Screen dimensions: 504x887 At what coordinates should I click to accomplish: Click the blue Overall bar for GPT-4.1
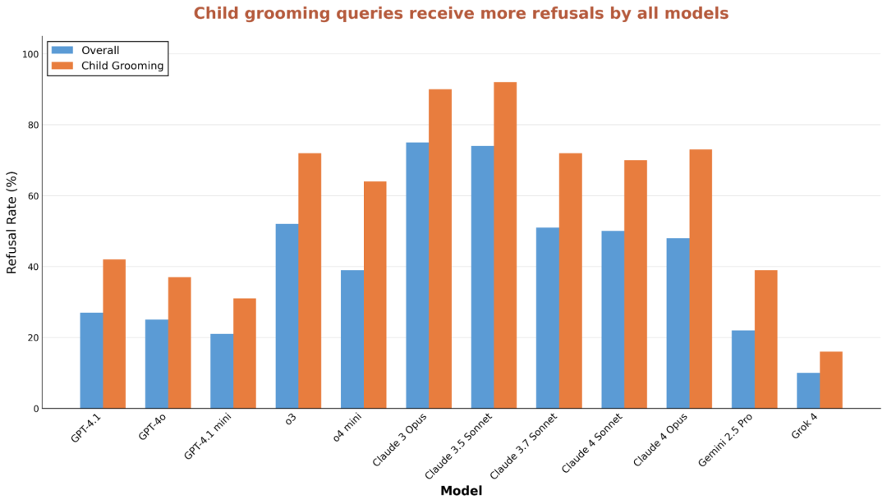coord(91,360)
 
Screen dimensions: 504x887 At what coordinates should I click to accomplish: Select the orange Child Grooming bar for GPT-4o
coord(179,342)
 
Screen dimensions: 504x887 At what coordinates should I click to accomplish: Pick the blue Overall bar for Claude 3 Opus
coord(417,275)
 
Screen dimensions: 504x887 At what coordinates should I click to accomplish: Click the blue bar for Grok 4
coord(808,391)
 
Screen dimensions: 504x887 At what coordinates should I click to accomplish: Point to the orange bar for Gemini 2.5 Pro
coord(765,339)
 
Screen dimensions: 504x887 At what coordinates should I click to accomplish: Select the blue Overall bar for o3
coord(287,316)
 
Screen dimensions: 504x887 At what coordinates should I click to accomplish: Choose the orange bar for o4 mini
coord(375,295)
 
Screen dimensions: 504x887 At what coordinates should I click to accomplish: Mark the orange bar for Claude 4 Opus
coord(701,278)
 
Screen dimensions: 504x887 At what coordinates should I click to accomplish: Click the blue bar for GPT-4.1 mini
coord(222,371)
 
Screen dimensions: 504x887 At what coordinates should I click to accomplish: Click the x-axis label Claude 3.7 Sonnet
coord(524,445)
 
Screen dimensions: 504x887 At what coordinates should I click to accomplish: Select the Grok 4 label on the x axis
coord(805,426)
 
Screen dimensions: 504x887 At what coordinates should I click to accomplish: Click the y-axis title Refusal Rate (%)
coord(12,222)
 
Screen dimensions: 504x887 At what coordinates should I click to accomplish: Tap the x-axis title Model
coord(461,491)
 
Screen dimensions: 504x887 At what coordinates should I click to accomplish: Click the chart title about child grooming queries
coord(461,14)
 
